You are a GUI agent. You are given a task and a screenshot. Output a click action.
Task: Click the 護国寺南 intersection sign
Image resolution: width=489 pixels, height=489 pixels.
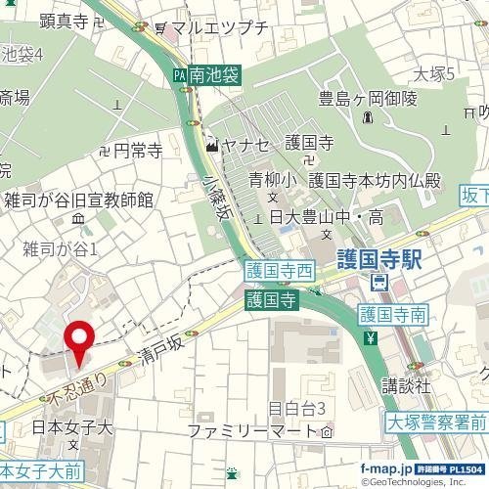click(391, 315)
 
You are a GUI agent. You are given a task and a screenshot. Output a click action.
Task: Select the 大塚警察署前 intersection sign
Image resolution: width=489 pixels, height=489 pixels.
click(436, 423)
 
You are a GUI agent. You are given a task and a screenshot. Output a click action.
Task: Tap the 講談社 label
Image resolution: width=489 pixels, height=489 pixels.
click(406, 385)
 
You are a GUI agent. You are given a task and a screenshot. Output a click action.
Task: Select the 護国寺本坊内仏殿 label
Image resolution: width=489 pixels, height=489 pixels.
click(375, 181)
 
